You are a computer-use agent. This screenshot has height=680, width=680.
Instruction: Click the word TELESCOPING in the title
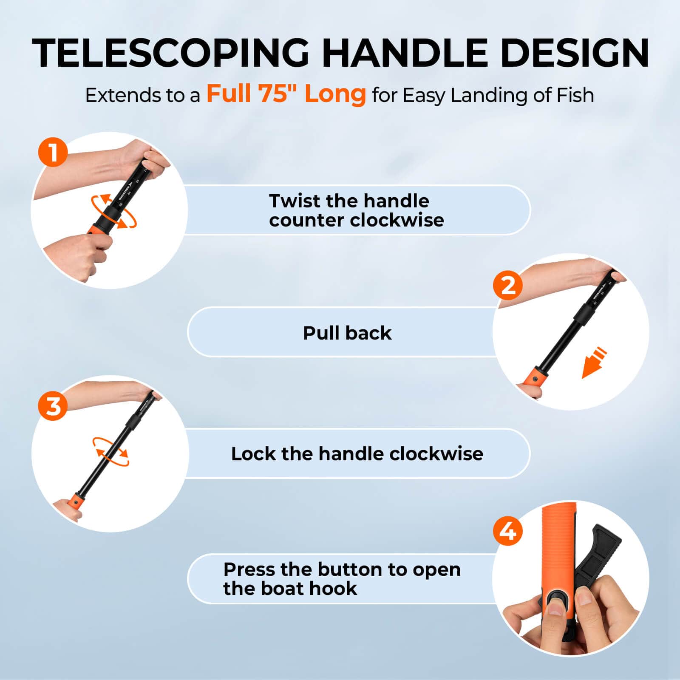(170, 53)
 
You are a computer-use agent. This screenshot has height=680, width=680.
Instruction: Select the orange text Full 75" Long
(286, 94)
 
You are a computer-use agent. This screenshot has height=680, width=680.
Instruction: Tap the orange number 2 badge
(507, 285)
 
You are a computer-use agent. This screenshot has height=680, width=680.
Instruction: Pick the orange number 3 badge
(53, 406)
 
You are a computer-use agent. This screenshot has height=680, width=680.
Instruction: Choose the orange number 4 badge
(507, 531)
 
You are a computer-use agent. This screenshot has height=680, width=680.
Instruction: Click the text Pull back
(347, 333)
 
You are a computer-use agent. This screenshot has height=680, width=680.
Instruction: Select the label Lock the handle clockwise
(357, 454)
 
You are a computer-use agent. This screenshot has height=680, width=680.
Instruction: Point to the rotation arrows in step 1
(114, 211)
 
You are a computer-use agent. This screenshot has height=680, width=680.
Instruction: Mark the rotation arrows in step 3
(110, 452)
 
